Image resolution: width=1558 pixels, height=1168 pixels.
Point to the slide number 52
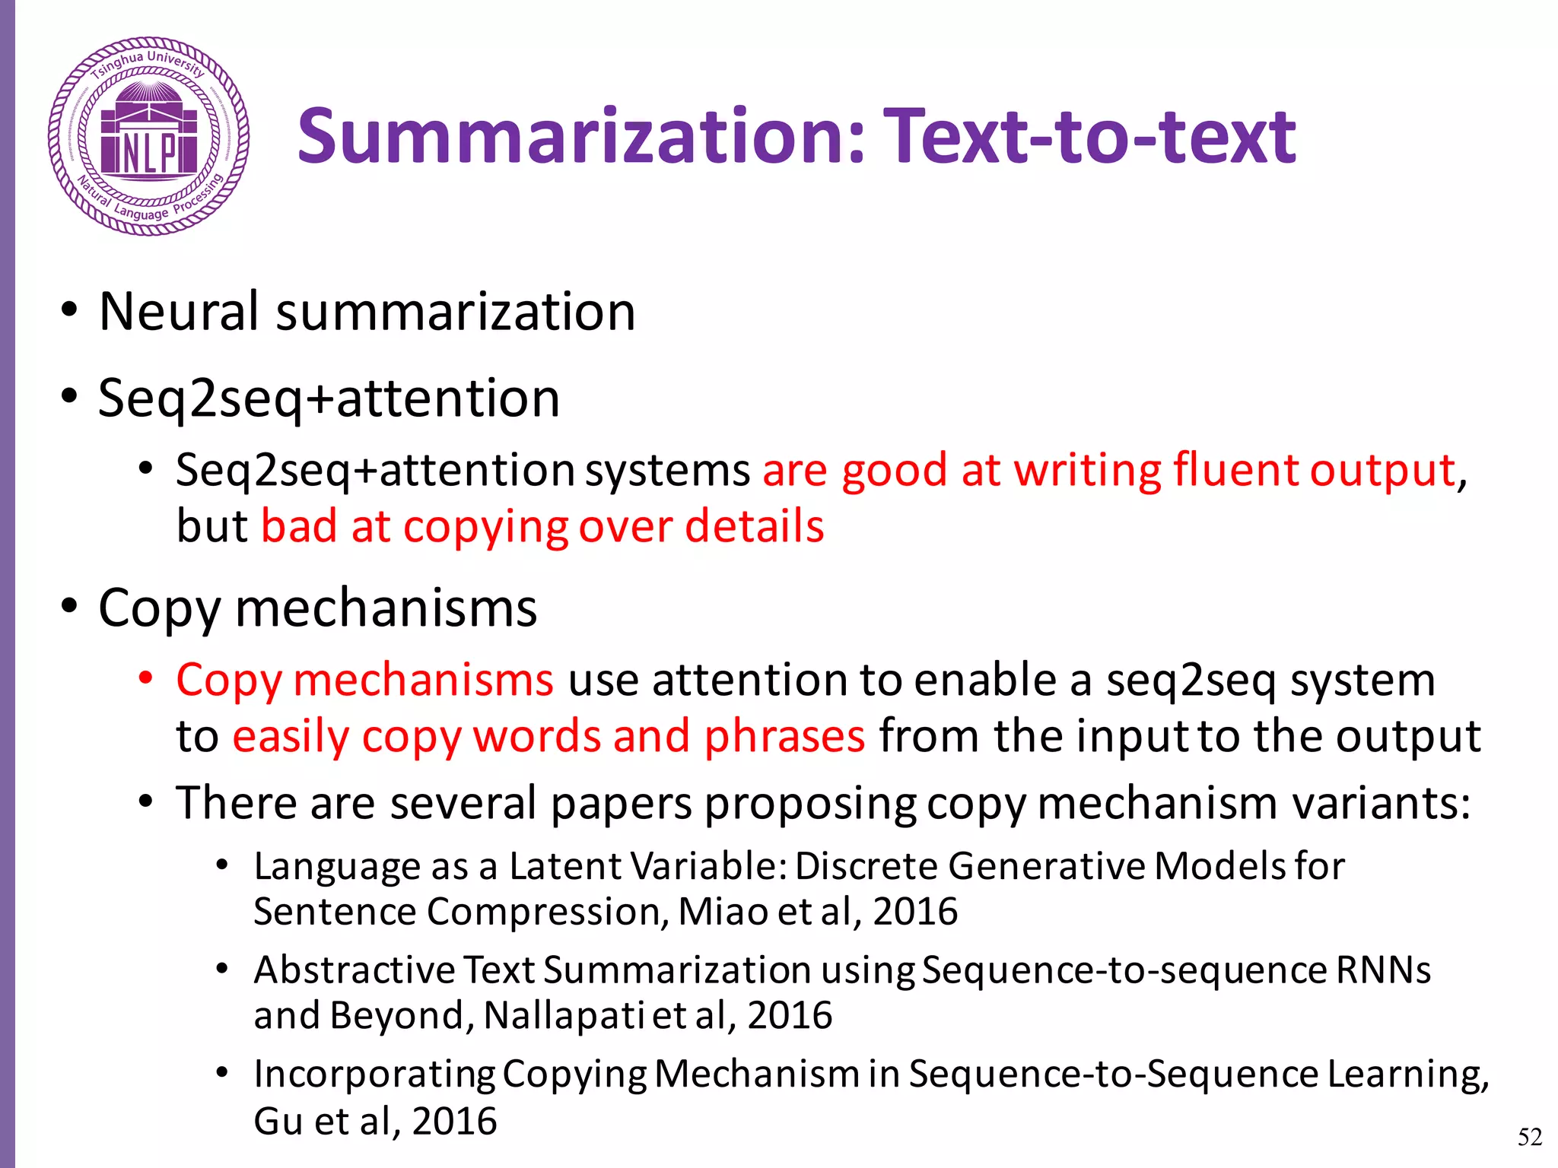[x=1530, y=1137]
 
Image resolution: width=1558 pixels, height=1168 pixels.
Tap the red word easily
[x=290, y=737]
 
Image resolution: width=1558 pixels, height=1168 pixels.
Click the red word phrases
[x=784, y=736]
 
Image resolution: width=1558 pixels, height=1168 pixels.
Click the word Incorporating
[x=374, y=1074]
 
